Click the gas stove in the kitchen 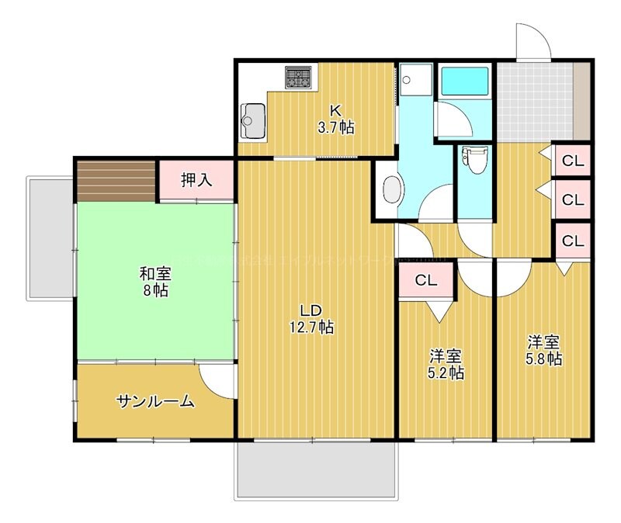[x=299, y=77]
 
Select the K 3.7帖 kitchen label [x=336, y=119]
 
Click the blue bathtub [x=463, y=81]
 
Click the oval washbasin [x=393, y=190]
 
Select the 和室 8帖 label [x=155, y=282]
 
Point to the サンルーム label [x=154, y=402]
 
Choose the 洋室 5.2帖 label [x=446, y=365]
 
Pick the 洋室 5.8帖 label [x=544, y=351]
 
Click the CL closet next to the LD [x=425, y=281]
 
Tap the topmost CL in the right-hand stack [x=572, y=161]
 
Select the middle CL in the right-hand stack [x=572, y=199]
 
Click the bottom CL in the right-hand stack [x=572, y=241]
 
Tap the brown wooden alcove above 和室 [x=116, y=180]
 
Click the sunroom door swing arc [x=217, y=381]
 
